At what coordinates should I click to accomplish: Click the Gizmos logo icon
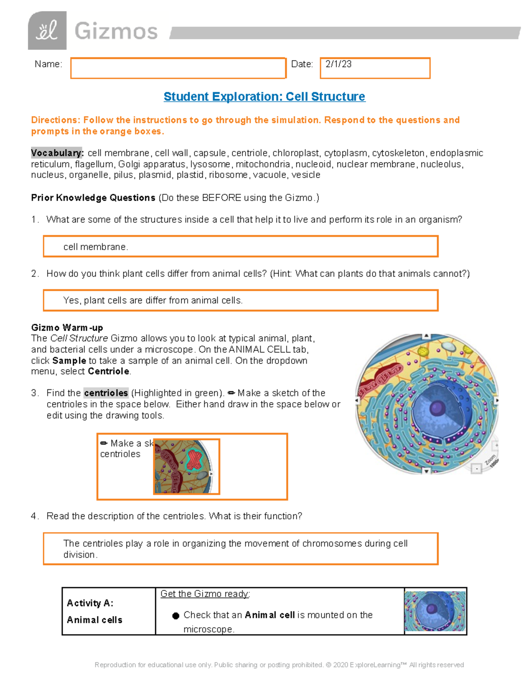pos(47,30)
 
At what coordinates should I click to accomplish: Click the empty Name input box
pos(178,68)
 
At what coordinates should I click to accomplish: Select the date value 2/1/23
pos(338,64)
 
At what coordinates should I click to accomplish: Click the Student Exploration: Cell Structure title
pos(264,96)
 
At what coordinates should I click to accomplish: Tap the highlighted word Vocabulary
pos(57,153)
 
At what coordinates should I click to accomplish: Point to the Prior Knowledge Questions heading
pos(93,198)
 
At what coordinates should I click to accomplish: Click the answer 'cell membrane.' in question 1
pos(96,247)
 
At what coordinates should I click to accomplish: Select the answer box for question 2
pos(240,300)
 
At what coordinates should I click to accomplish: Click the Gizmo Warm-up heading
pos(67,328)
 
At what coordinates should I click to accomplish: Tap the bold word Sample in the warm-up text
pos(69,361)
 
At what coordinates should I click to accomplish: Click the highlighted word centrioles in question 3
pos(106,393)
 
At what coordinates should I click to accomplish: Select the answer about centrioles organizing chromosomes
pos(235,548)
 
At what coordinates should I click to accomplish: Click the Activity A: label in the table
pos(90,603)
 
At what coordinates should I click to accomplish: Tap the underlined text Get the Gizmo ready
pos(205,594)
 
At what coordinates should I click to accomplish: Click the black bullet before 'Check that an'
pos(176,616)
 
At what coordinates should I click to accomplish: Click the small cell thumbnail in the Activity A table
pos(435,611)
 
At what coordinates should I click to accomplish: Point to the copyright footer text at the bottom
pos(279,665)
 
